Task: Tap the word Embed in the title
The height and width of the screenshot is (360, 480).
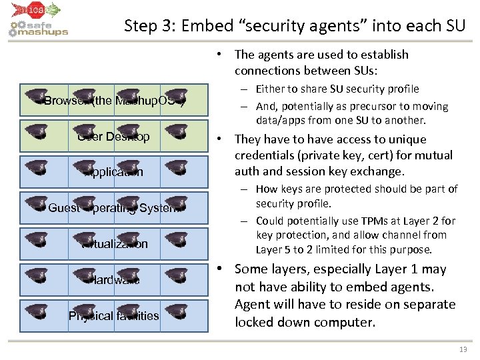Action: [x=219, y=26]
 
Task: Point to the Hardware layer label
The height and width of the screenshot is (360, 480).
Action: [x=114, y=280]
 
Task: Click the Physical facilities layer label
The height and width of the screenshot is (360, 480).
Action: [x=114, y=315]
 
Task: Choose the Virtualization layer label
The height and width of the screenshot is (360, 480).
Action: [x=115, y=244]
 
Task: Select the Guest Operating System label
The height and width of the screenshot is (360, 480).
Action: [x=114, y=208]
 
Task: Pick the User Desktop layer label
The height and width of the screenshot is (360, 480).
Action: [x=114, y=137]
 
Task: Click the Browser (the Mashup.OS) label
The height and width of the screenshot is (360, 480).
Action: [x=114, y=101]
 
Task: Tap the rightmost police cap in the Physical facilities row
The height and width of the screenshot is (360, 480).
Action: [x=177, y=310]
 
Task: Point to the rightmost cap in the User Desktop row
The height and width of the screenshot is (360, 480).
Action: [x=177, y=131]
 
